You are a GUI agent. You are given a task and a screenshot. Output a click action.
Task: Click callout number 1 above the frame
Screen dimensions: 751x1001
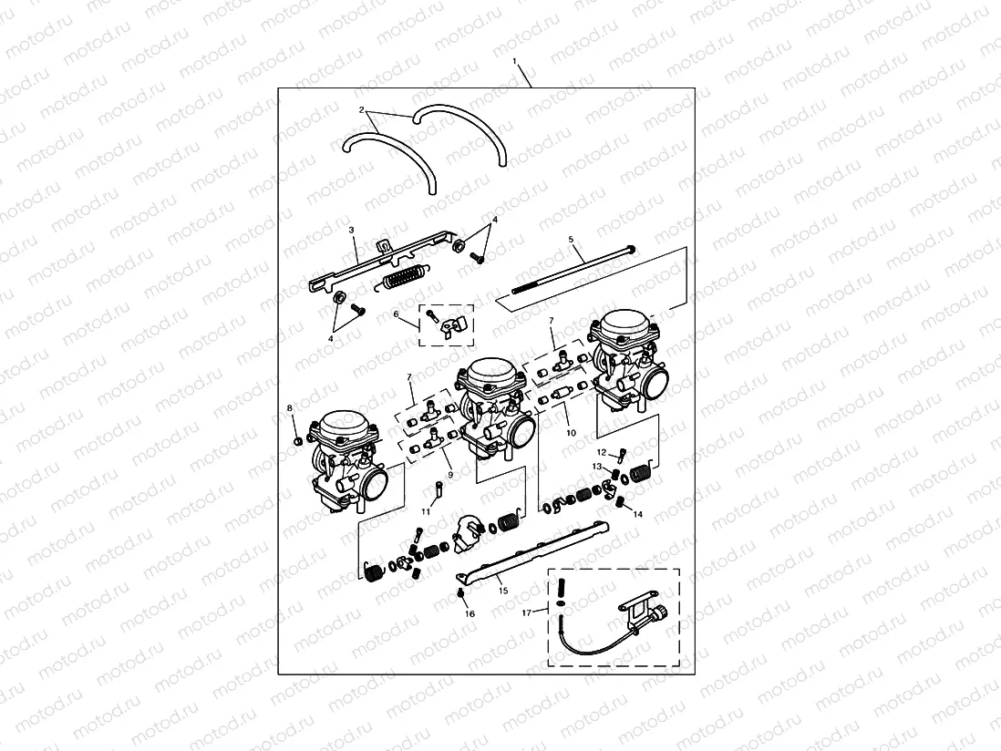(x=515, y=62)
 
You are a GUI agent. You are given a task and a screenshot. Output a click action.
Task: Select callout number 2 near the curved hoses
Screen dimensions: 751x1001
(x=363, y=110)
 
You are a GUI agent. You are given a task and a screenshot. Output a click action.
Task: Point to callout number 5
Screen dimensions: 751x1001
(x=572, y=240)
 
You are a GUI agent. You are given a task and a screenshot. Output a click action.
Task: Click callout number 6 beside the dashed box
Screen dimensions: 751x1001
(x=397, y=314)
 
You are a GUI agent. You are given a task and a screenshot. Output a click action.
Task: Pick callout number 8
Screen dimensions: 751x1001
(x=290, y=407)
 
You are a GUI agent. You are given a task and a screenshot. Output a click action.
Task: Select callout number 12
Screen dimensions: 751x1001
(x=601, y=452)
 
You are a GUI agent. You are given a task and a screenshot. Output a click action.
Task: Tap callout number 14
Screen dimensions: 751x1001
(x=638, y=515)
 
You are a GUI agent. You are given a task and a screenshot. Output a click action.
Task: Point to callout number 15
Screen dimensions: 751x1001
(x=502, y=590)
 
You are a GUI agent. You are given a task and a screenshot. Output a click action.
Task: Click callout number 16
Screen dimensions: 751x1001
(x=470, y=614)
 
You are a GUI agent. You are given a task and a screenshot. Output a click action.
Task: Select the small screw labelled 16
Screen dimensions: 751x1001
(x=462, y=595)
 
